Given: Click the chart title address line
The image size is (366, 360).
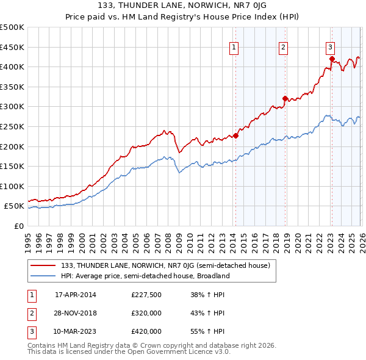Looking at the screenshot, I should click(x=182, y=5).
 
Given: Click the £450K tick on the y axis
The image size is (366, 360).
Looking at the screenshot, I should click(x=12, y=47).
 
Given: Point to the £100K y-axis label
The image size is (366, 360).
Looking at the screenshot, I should click(x=12, y=186).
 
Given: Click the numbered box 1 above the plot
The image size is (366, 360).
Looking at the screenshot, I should click(x=235, y=47).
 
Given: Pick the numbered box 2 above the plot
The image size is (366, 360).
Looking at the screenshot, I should click(x=284, y=47).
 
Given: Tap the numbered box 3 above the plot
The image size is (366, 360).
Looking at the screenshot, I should click(x=330, y=47).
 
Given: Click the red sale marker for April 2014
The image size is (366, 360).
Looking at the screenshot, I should click(x=235, y=135).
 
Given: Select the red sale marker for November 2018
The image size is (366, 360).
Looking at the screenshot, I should click(x=285, y=98).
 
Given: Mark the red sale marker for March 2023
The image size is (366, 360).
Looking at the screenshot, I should click(x=331, y=59).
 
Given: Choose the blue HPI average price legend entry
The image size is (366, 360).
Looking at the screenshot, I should click(x=145, y=276).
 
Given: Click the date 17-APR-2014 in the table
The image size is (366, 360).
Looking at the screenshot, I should click(x=76, y=295).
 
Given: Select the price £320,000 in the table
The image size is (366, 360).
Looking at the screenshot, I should click(x=146, y=313).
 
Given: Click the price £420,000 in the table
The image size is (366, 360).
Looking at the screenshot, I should click(x=146, y=331).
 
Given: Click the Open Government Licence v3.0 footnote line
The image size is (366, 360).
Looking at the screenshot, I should click(x=129, y=352).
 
